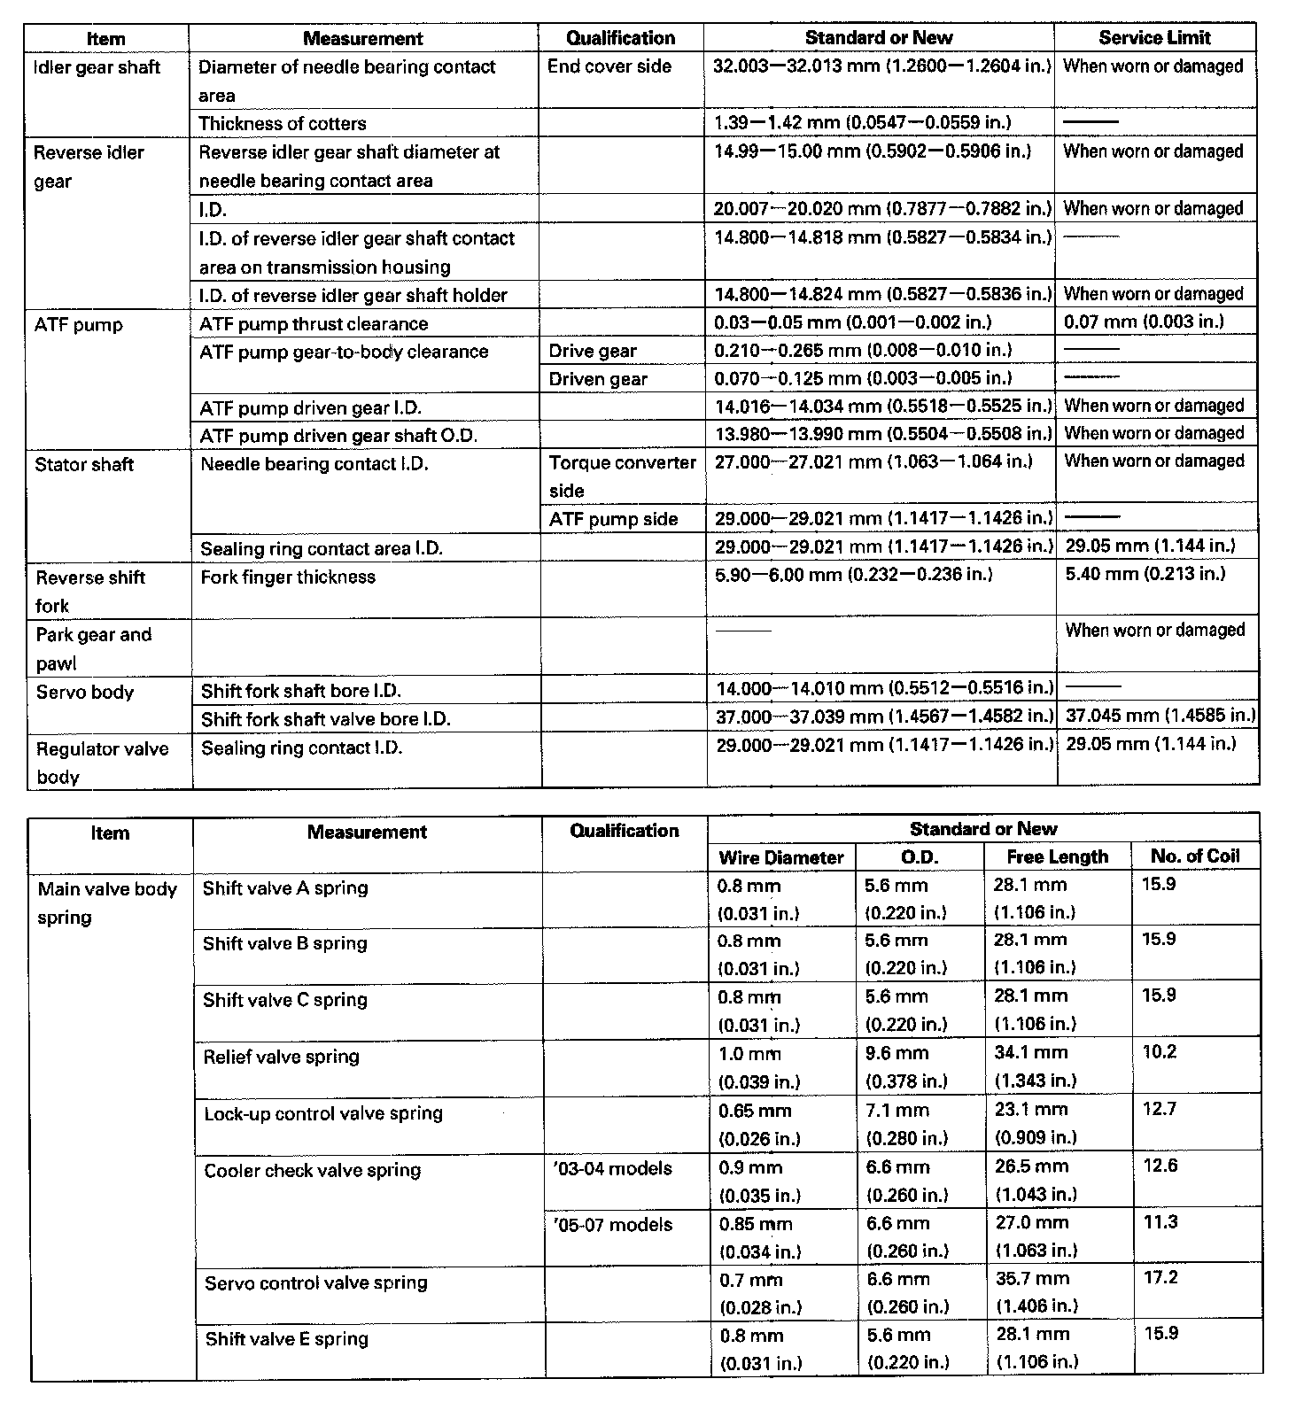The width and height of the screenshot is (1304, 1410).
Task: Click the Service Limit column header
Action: [x=1154, y=37]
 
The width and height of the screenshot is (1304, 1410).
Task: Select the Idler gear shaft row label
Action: [x=97, y=67]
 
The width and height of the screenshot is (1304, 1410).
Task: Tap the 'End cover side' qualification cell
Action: [x=609, y=66]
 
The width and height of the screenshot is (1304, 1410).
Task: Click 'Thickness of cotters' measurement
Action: [x=282, y=123]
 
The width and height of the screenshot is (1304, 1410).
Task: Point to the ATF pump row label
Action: [x=79, y=325]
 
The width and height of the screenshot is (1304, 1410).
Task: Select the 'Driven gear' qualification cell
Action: [x=598, y=379]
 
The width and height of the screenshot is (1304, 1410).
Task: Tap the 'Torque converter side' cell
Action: [x=622, y=476]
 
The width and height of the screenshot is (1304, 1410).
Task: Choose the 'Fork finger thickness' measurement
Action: [x=288, y=577]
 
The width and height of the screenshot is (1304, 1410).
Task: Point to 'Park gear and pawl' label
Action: [x=93, y=648]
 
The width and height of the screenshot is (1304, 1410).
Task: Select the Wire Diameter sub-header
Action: [x=781, y=857]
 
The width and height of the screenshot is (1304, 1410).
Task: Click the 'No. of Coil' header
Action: [x=1194, y=856]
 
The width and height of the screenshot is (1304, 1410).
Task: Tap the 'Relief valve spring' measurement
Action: [x=281, y=1057]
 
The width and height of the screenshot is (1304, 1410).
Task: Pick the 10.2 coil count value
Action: [x=1159, y=1052]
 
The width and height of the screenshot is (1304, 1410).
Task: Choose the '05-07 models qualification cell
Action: [x=612, y=1225]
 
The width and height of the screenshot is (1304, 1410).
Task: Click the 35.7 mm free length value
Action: [x=1032, y=1279]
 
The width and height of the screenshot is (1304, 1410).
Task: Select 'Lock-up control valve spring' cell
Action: [x=323, y=1113]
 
